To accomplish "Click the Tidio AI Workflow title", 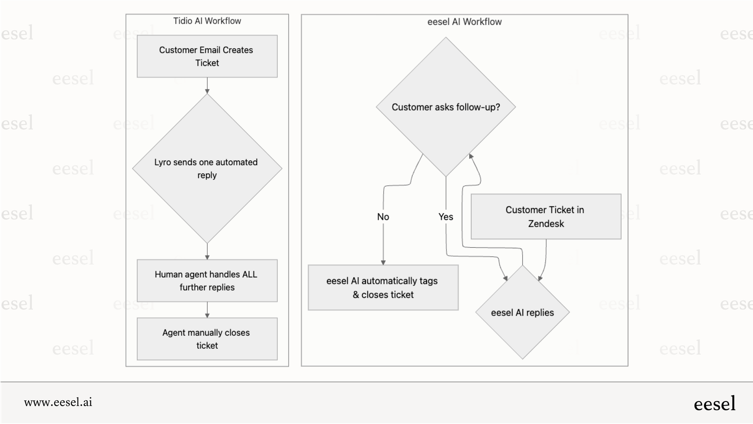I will coord(207,21).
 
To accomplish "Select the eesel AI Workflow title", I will coord(464,22).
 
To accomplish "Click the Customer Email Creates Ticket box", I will coord(207,57).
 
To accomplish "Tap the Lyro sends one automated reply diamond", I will coord(207,169).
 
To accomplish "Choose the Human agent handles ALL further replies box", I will coord(207,281).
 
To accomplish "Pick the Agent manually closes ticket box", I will coord(207,339).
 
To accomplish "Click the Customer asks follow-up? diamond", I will coord(446,107).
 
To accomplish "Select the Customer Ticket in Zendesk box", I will coord(545,217).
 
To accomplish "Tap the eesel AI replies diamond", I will coord(522,313).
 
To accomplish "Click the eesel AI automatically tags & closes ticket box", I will coord(383,288).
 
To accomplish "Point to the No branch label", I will coord(383,217).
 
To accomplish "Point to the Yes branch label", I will coord(446,217).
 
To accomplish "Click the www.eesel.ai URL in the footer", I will coord(58,402).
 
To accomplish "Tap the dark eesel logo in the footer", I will coord(714,404).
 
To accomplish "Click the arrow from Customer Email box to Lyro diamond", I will coord(207,86).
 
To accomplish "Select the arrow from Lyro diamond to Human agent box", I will coord(207,252).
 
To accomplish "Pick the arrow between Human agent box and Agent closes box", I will coord(207,310).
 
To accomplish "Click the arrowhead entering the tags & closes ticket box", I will coord(383,262).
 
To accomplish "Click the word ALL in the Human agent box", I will coord(249,275).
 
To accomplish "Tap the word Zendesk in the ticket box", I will coord(545,224).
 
